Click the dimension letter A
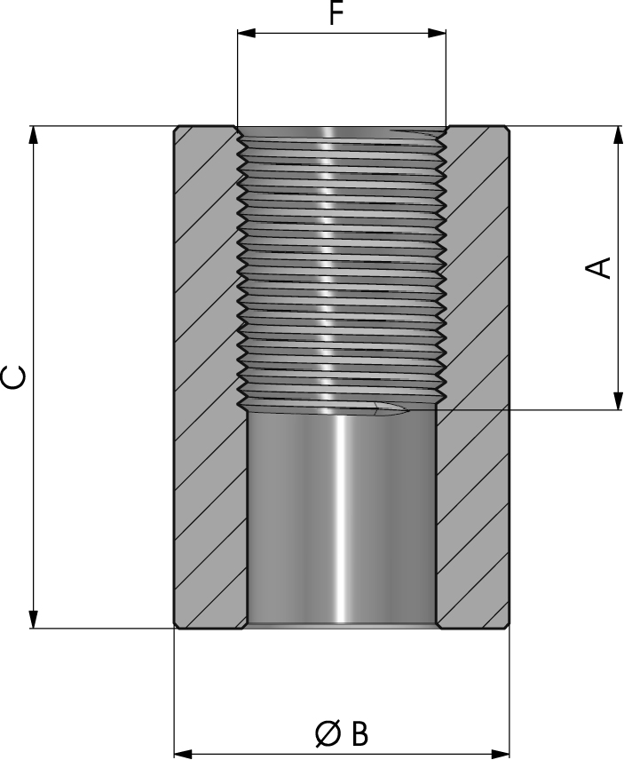click(601, 267)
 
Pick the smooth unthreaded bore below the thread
click(341, 515)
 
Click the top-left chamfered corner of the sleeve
click(177, 130)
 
